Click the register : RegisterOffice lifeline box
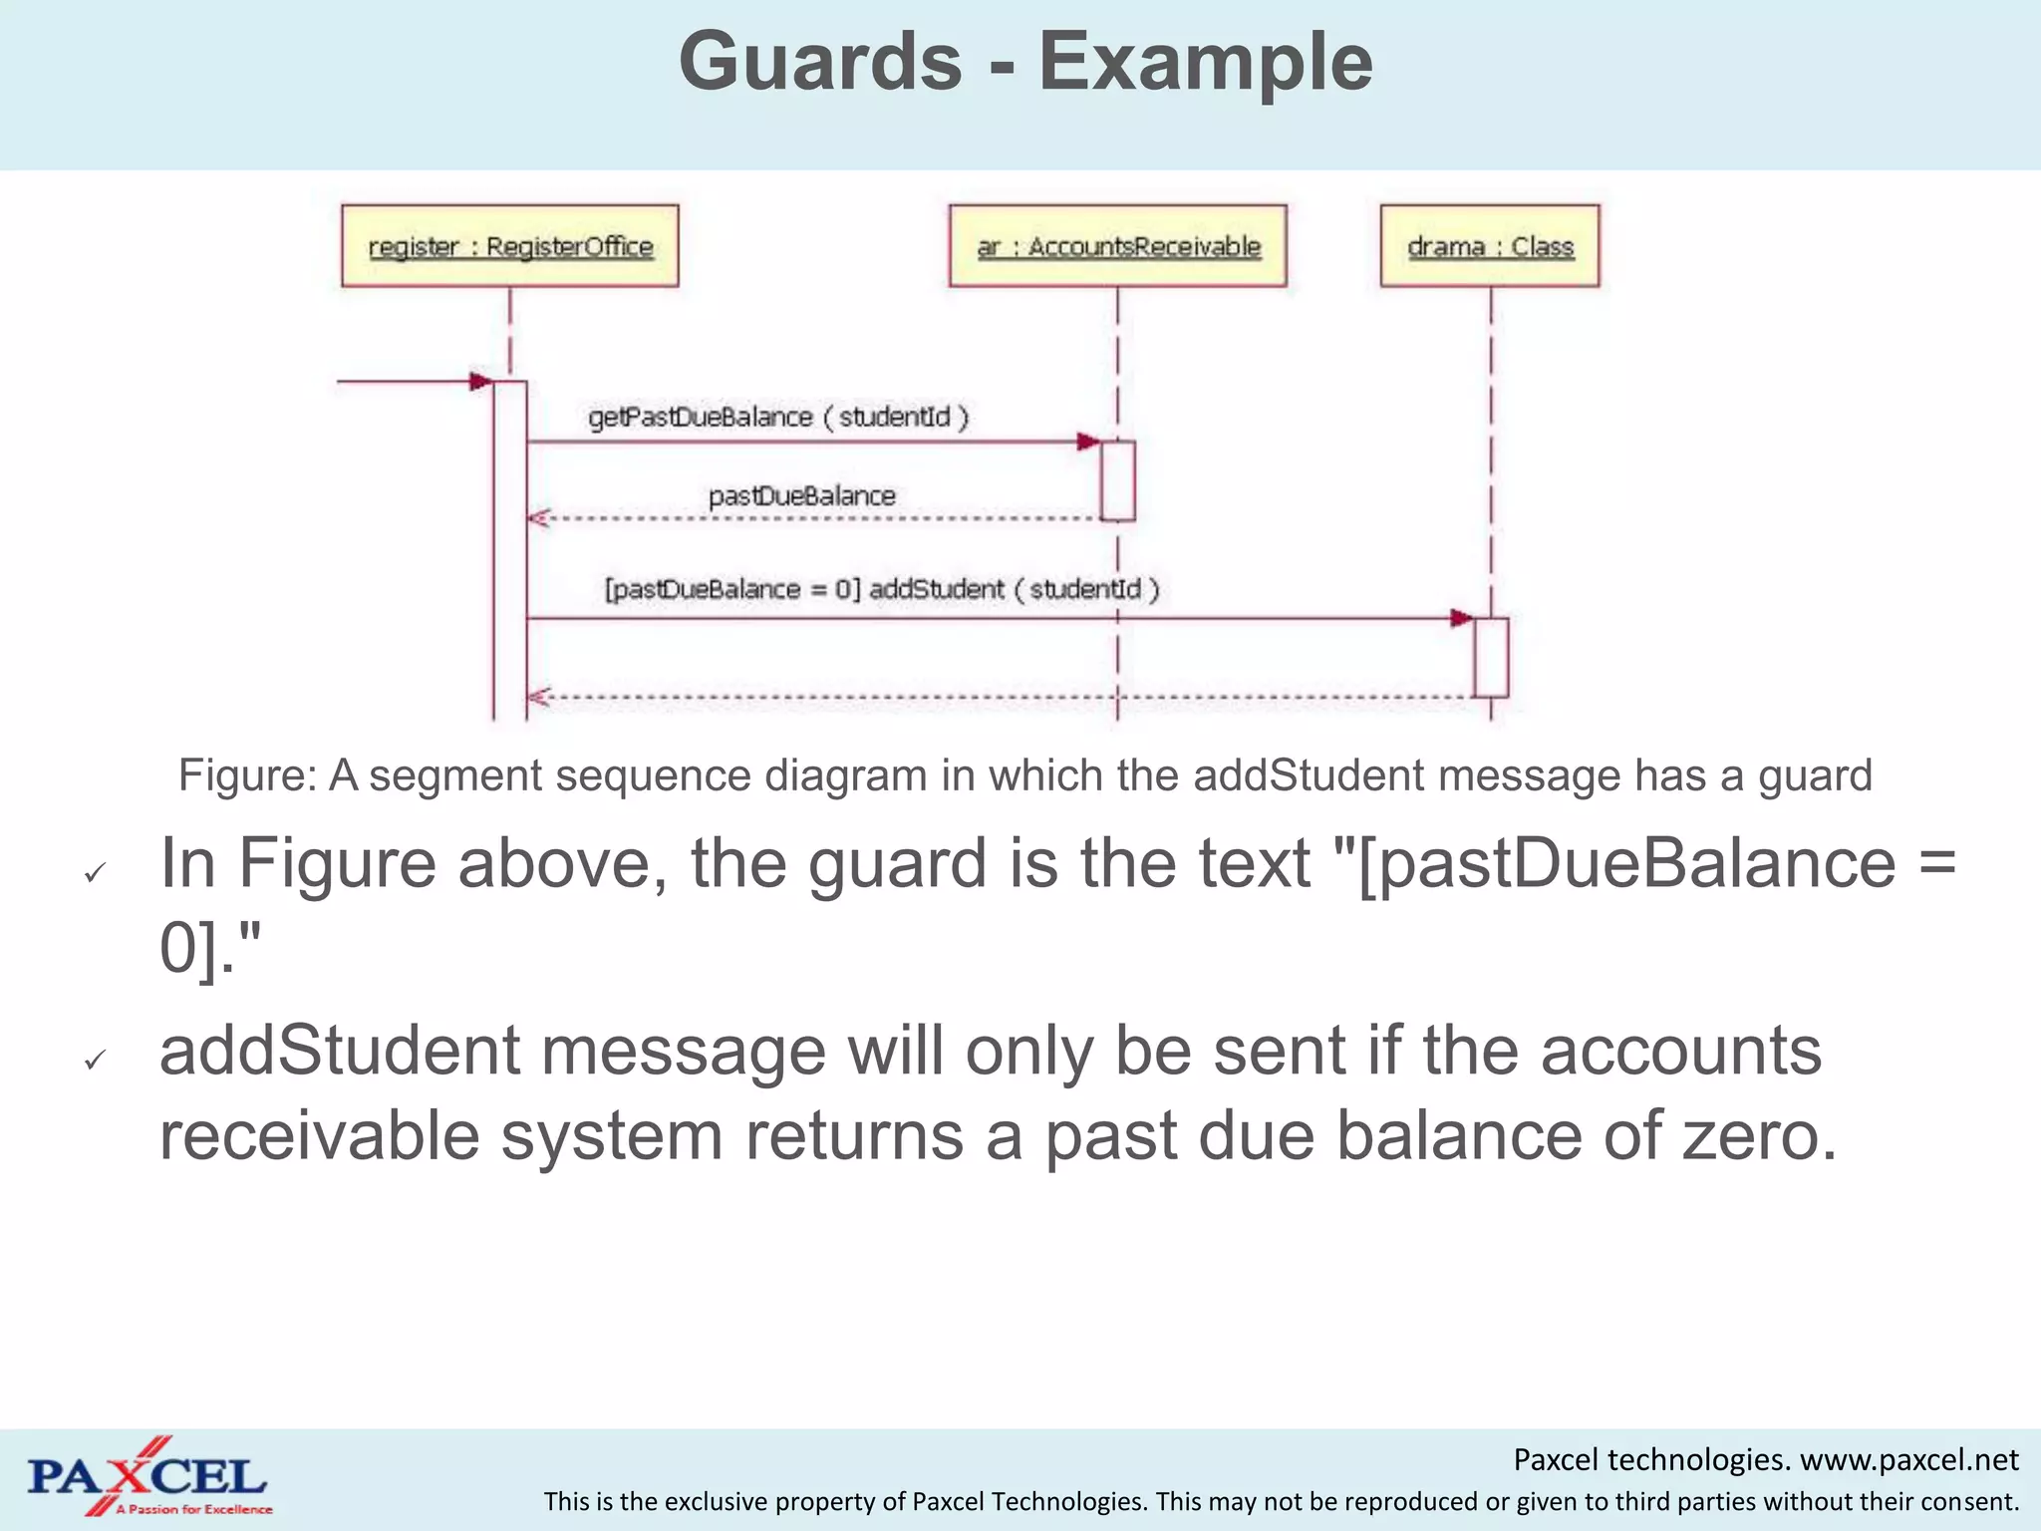pyautogui.click(x=509, y=246)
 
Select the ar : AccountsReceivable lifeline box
pyautogui.click(x=1117, y=246)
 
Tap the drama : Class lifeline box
pyautogui.click(x=1490, y=246)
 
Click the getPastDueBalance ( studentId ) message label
pyautogui.click(x=778, y=417)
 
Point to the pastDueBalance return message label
pyautogui.click(x=801, y=495)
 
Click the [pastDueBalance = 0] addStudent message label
pyautogui.click(x=882, y=589)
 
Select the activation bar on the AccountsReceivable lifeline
pyautogui.click(x=1117, y=480)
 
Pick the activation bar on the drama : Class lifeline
pyautogui.click(x=1491, y=657)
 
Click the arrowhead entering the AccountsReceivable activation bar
pyautogui.click(x=1088, y=442)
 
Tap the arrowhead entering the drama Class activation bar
pyautogui.click(x=1461, y=619)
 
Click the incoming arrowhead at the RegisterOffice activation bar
pyautogui.click(x=480, y=381)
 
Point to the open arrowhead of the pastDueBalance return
pyautogui.click(x=538, y=518)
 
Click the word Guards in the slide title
pyautogui.click(x=820, y=62)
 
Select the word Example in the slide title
pyautogui.click(x=1206, y=62)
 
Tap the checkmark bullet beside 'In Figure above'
pyautogui.click(x=95, y=873)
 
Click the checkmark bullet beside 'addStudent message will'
pyautogui.click(x=95, y=1060)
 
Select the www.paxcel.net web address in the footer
pyautogui.click(x=1908, y=1460)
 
